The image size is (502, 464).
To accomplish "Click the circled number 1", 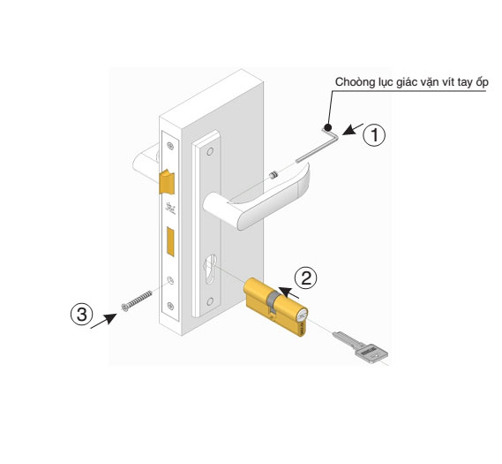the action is pos(374,135).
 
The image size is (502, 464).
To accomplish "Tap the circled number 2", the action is pos(306,278).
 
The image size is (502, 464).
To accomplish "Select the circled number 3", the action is pos(82,314).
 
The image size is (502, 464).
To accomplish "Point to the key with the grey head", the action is pos(361,347).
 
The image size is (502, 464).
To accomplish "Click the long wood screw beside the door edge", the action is pos(137,300).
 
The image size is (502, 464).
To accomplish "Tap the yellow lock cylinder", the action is pos(275,307).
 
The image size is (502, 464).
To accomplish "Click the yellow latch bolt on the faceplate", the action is pos(167,182).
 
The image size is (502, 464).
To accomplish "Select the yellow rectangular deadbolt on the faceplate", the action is pos(170,241).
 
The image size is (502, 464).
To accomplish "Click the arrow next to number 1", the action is pos(353,129).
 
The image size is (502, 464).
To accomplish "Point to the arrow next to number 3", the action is pos(104,321).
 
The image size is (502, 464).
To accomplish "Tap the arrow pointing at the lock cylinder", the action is pos(288,293).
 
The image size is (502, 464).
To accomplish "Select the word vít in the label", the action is pos(447,82).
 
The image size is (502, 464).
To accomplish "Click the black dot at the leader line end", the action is pos(327,127).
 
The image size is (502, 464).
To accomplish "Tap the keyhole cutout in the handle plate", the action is pos(210,269).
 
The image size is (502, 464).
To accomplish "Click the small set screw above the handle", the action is pos(273,175).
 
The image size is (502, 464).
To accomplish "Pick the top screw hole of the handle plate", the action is pos(210,151).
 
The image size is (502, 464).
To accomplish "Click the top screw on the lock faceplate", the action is pos(170,146).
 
